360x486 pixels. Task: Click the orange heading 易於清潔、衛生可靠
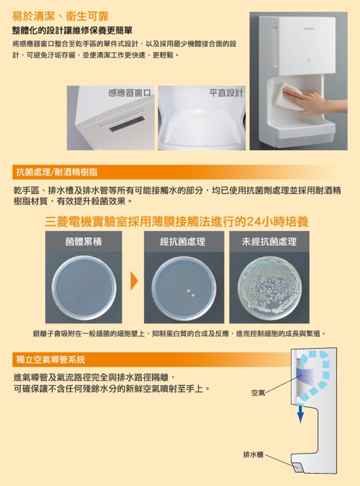click(60, 16)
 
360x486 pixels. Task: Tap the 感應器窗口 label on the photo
click(130, 93)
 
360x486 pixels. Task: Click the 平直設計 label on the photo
click(226, 93)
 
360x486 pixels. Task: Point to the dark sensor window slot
click(127, 123)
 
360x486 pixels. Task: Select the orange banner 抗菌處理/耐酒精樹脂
click(57, 172)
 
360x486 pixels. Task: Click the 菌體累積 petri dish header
click(84, 241)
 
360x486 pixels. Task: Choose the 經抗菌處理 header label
click(182, 241)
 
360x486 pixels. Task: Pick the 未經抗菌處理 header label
click(269, 241)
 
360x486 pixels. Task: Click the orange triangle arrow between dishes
click(134, 281)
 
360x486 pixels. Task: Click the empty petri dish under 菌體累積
click(84, 288)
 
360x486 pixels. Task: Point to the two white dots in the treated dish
click(191, 293)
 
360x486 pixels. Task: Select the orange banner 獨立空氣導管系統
click(50, 360)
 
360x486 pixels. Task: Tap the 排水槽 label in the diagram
click(253, 454)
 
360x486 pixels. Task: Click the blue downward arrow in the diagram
click(300, 413)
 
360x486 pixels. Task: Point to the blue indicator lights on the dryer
click(309, 60)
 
